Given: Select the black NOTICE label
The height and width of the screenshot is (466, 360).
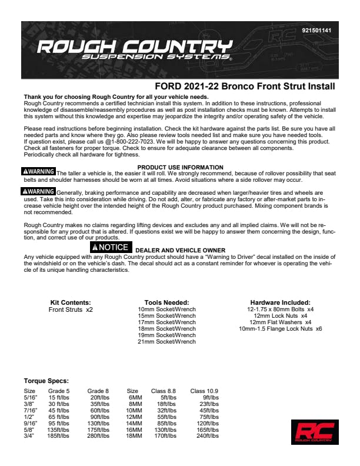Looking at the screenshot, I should pyautogui.click(x=109, y=247).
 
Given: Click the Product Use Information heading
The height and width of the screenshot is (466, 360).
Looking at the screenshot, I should pyautogui.click(x=180, y=167).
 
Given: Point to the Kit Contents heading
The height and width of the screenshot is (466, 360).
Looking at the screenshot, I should pyautogui.click(x=71, y=302).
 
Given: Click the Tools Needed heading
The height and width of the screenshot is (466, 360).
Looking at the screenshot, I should pyautogui.click(x=166, y=302).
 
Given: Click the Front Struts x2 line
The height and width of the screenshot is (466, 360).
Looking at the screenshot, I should pyautogui.click(x=71, y=309).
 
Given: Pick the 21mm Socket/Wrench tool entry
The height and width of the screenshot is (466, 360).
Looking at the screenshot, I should pyautogui.click(x=166, y=341).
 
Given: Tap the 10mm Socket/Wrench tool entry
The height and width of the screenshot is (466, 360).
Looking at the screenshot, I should pyautogui.click(x=166, y=309).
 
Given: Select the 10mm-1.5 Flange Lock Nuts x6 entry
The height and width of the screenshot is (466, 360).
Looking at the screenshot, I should pyautogui.click(x=280, y=328).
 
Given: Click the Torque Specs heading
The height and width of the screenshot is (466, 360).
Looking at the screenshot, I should pyautogui.click(x=46, y=381).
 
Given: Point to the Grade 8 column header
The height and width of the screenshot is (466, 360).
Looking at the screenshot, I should pyautogui.click(x=98, y=390).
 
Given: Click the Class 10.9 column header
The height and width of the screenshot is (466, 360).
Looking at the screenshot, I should pyautogui.click(x=204, y=390).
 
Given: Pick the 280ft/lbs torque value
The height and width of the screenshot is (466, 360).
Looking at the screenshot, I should pyautogui.click(x=98, y=436).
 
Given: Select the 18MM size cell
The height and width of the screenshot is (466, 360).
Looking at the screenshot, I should pyautogui.click(x=135, y=436).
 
